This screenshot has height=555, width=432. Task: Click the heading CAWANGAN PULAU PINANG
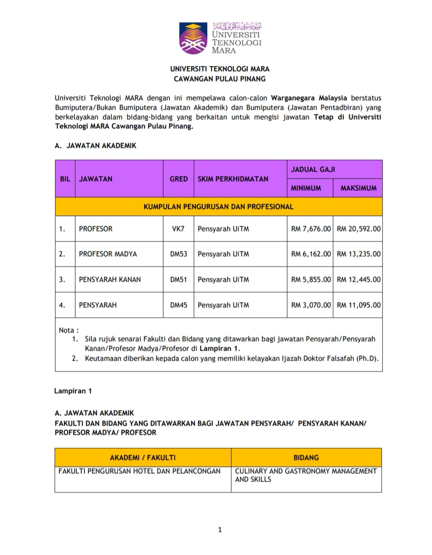(219, 79)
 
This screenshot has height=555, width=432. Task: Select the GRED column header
(179, 179)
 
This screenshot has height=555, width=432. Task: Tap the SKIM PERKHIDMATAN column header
(233, 179)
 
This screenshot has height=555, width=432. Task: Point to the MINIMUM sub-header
(306, 188)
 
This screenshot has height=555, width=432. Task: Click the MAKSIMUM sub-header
(358, 188)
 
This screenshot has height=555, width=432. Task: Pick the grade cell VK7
(178, 229)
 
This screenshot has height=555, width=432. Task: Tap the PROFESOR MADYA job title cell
(108, 254)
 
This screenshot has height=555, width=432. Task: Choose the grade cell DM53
(179, 254)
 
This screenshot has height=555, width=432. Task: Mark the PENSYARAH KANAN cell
(110, 279)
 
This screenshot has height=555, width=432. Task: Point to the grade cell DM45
(179, 305)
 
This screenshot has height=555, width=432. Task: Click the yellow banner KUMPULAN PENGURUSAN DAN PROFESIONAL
(218, 207)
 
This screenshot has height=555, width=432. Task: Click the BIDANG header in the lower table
(306, 458)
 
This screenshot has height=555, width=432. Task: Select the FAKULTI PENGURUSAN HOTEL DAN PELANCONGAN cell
(140, 471)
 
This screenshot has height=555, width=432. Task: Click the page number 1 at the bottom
(220, 529)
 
